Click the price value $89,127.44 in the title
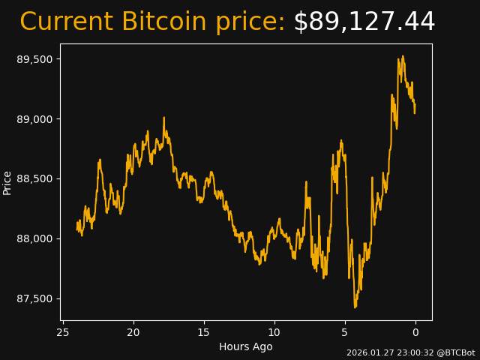(x=364, y=22)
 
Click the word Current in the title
(x=67, y=22)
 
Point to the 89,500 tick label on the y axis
(x=34, y=59)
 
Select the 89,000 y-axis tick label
(x=34, y=119)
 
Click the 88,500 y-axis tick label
(x=34, y=179)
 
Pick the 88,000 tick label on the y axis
(x=34, y=239)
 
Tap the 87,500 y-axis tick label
(x=34, y=299)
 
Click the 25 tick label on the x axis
(x=63, y=332)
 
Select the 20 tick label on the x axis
(x=133, y=332)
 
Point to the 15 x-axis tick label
(x=204, y=332)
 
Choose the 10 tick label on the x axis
(x=274, y=332)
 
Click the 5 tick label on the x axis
(x=345, y=332)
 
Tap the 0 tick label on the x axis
(x=415, y=332)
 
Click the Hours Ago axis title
(x=246, y=346)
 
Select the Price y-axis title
(x=7, y=182)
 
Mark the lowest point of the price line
(x=355, y=307)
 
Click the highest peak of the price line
(x=403, y=56)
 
